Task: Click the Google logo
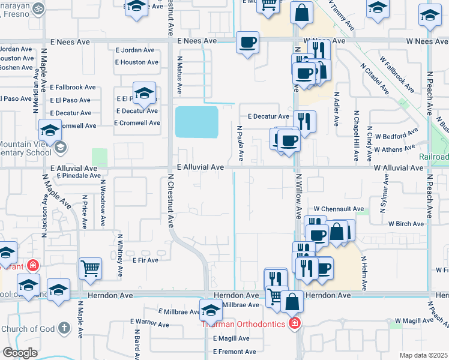[x=20, y=352]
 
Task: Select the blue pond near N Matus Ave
[x=196, y=122]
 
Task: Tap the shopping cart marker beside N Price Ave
[x=91, y=268]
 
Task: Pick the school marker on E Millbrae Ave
[x=211, y=310]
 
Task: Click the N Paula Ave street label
[x=241, y=143]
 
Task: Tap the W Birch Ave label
[x=406, y=224]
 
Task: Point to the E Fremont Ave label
[x=234, y=352]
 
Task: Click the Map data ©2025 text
[x=423, y=355]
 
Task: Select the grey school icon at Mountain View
[x=59, y=148]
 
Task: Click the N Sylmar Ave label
[x=383, y=195]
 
